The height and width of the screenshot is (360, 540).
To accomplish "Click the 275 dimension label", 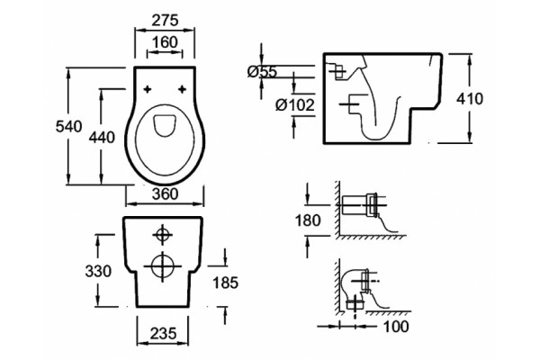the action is point(166,21).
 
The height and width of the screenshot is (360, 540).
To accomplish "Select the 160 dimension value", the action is point(165,42).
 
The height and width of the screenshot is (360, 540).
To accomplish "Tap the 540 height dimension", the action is point(69,126).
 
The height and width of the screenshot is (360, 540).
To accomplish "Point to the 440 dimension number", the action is point(102,138).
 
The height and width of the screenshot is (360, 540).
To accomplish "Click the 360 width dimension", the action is point(166,194).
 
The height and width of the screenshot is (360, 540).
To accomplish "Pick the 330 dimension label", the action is point(98,271).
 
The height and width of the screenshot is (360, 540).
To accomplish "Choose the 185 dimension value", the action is point(226,283).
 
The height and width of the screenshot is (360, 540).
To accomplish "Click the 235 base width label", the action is point(163,333).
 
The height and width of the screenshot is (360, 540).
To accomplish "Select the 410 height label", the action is point(470,99).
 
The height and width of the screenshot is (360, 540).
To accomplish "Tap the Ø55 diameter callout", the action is point(262,72).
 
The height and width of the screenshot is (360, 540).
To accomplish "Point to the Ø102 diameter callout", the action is point(295,105).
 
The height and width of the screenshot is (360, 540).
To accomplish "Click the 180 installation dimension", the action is point(308,220).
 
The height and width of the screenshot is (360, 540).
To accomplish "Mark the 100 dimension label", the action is point(396,327).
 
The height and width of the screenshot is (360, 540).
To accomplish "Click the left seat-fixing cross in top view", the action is point(148,89).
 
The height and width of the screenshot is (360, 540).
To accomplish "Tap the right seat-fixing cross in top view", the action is point(182,89).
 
